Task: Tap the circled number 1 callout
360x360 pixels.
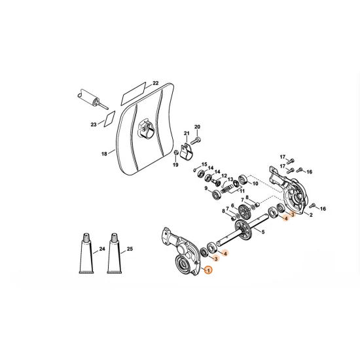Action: [208, 270]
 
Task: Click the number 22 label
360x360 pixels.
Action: [156, 83]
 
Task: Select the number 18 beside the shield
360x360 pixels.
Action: [103, 154]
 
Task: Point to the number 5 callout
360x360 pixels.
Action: [263, 231]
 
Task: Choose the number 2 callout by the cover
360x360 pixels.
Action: [311, 215]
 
